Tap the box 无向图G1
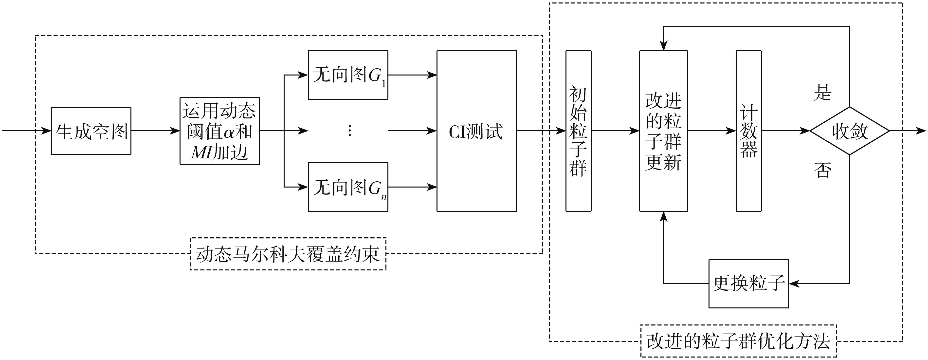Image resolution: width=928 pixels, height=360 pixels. click(348, 75)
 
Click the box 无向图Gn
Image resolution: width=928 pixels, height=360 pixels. click(348, 187)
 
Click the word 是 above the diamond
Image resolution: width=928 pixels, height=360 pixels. click(822, 92)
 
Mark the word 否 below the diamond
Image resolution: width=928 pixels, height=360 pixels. click(822, 170)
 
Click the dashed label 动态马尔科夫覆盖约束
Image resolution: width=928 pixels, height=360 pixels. click(288, 254)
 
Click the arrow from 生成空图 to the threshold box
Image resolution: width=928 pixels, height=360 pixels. click(155, 131)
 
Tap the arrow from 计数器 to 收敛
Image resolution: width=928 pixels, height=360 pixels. click(785, 131)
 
